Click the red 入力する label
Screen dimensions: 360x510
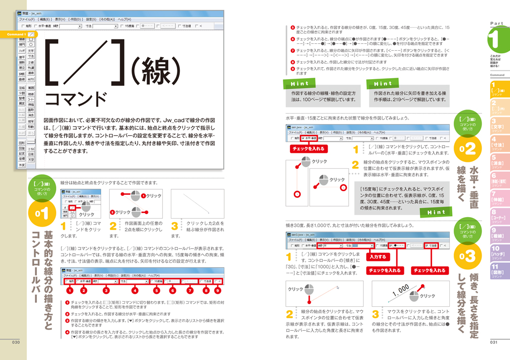pyautogui.click(x=378, y=257)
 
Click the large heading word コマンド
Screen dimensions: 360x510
pyautogui.click(x=75, y=98)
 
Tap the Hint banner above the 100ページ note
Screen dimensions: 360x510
pyautogui.click(x=300, y=84)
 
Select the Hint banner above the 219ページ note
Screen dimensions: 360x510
pyautogui.click(x=383, y=84)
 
